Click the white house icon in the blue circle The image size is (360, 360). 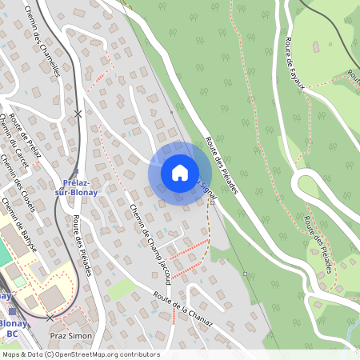click(x=179, y=172)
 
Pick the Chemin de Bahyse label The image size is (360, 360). click(x=19, y=226)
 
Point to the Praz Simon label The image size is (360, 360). click(x=70, y=336)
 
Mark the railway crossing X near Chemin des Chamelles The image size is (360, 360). click(x=78, y=114)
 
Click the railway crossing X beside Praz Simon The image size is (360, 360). click(x=50, y=318)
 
